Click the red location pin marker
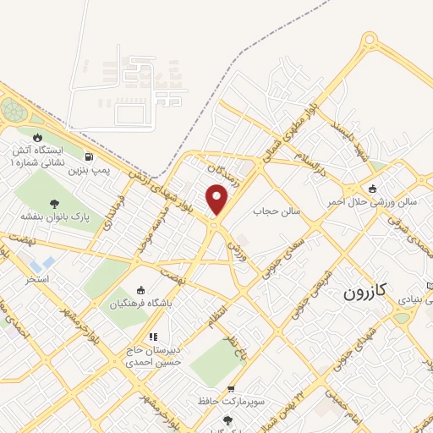[x=218, y=200]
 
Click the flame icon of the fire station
[x=37, y=137]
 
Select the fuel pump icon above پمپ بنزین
[x=90, y=156]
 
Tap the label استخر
[x=38, y=277]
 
